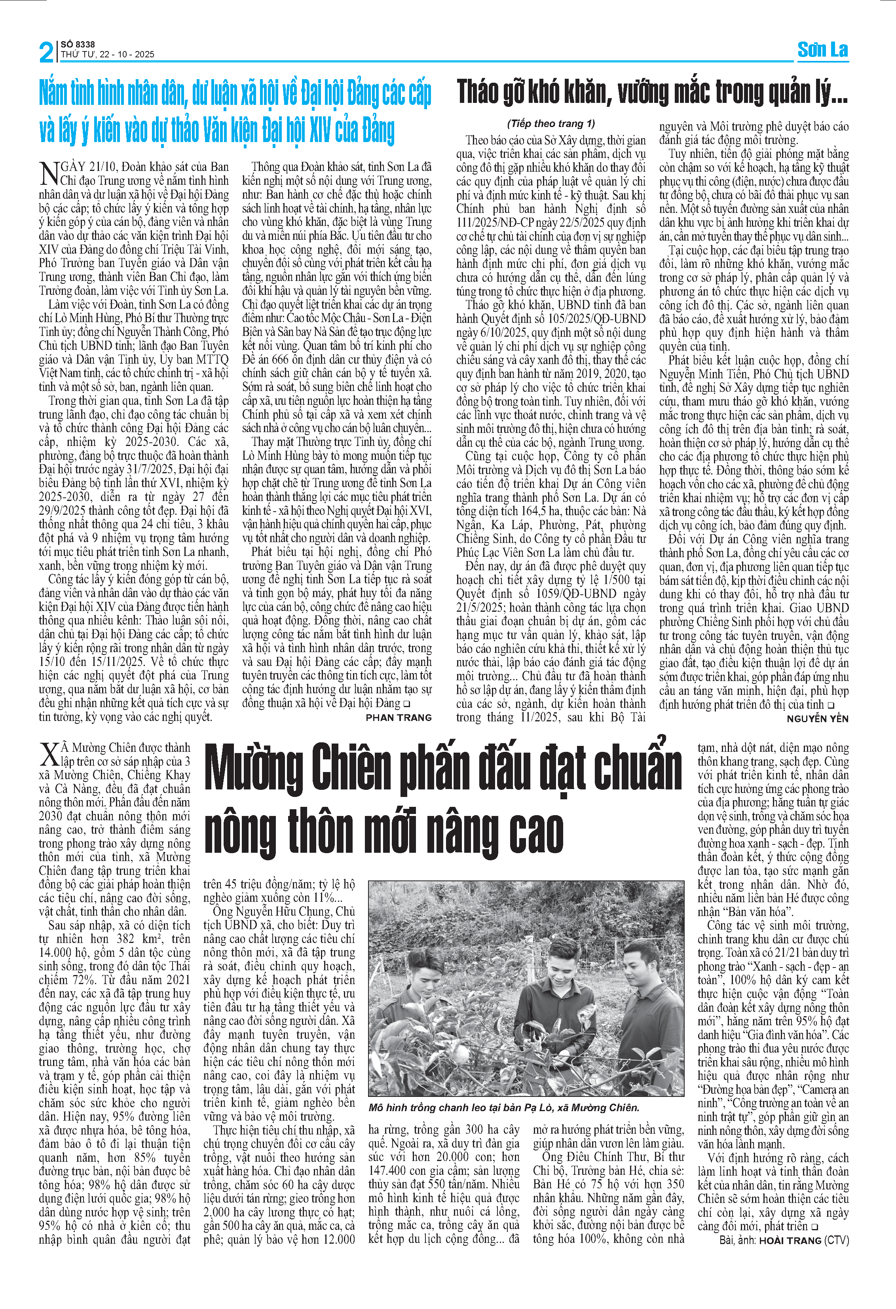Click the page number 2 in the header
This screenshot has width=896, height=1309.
(46, 52)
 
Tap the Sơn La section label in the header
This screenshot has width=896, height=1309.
(822, 50)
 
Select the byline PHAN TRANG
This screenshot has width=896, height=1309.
(398, 717)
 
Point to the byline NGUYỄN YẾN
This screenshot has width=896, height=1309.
(817, 719)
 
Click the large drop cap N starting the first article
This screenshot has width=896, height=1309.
(49, 173)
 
